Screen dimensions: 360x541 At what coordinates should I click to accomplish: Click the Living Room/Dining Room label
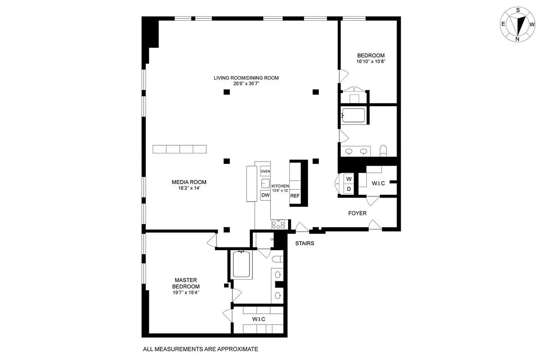pyautogui.click(x=246, y=78)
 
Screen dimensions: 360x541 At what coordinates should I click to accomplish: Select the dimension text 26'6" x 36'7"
pyautogui.click(x=246, y=84)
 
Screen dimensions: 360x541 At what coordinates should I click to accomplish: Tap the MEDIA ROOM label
pyautogui.click(x=189, y=182)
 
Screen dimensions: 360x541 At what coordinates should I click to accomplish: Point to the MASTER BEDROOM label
pyautogui.click(x=186, y=283)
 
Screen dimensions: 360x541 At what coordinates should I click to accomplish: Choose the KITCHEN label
pyautogui.click(x=280, y=186)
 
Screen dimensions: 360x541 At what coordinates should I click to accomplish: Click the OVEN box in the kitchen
pyautogui.click(x=265, y=171)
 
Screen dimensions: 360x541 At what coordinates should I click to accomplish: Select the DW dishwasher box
pyautogui.click(x=265, y=195)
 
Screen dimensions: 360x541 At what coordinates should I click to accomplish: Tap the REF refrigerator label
pyautogui.click(x=295, y=196)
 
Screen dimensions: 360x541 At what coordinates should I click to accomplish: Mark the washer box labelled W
pyautogui.click(x=349, y=179)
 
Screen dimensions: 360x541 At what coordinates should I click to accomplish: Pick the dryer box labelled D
pyautogui.click(x=349, y=189)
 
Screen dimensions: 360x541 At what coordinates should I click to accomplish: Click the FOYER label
pyautogui.click(x=357, y=213)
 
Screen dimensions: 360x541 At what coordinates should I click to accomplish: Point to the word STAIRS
pyautogui.click(x=304, y=243)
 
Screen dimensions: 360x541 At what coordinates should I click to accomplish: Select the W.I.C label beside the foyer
pyautogui.click(x=378, y=184)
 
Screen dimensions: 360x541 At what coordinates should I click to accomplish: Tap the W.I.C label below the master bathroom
pyautogui.click(x=258, y=319)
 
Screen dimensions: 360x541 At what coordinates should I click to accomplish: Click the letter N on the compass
pyautogui.click(x=518, y=39)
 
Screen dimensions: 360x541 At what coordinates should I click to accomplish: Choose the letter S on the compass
pyautogui.click(x=518, y=9)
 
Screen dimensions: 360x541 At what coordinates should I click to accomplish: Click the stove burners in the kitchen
pyautogui.click(x=278, y=225)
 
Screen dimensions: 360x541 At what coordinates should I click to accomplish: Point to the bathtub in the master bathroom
pyautogui.click(x=243, y=265)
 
